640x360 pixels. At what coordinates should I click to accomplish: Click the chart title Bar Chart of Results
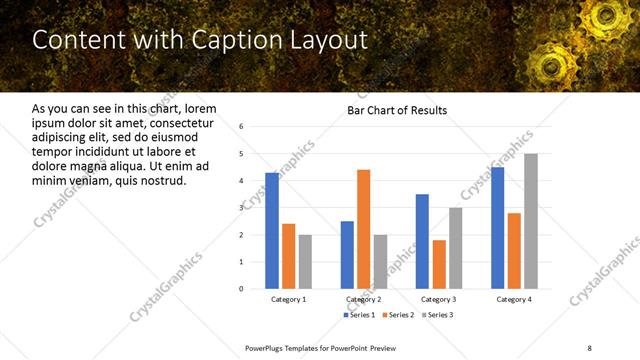pyautogui.click(x=397, y=110)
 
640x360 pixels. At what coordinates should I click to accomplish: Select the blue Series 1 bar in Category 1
pyautogui.click(x=272, y=230)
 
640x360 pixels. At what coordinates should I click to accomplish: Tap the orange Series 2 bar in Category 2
pyautogui.click(x=363, y=229)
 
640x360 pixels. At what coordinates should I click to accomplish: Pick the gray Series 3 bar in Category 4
pyautogui.click(x=530, y=221)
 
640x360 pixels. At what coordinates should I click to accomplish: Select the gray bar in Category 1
pyautogui.click(x=305, y=261)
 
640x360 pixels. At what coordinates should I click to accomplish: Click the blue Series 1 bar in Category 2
pyautogui.click(x=347, y=254)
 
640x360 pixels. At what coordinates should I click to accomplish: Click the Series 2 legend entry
pyautogui.click(x=399, y=315)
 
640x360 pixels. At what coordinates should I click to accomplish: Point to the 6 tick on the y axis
pyautogui.click(x=241, y=127)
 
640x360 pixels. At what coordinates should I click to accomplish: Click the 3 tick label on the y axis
pyautogui.click(x=241, y=208)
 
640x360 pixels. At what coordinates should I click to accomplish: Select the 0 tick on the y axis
pyautogui.click(x=241, y=289)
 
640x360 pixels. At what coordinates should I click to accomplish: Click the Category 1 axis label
pyautogui.click(x=289, y=299)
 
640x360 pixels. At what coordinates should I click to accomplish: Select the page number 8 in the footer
pyautogui.click(x=588, y=346)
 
